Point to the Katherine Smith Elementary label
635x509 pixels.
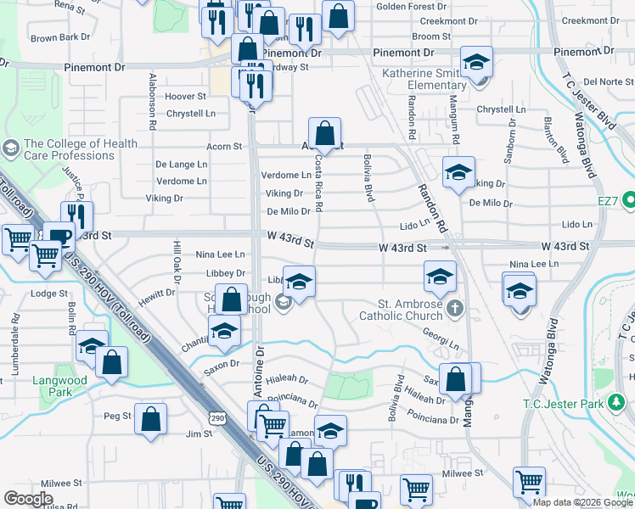424,79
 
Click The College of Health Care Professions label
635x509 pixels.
81,149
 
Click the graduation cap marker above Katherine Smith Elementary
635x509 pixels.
476,62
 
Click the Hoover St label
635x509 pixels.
186,97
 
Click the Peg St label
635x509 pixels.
117,416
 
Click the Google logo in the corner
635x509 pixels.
28,499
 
